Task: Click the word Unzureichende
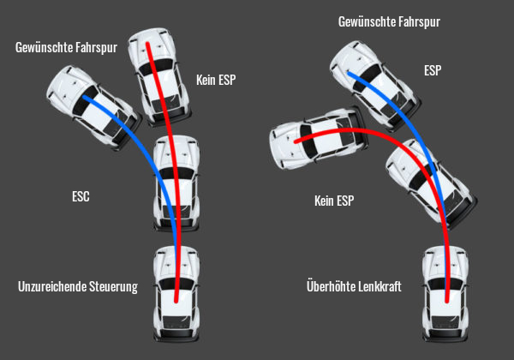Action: coord(52,286)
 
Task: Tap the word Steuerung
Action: coord(113,286)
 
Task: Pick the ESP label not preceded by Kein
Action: coord(432,70)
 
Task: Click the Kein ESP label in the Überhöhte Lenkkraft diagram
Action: coord(334,201)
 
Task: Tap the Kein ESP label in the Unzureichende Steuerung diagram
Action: coord(215,80)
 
